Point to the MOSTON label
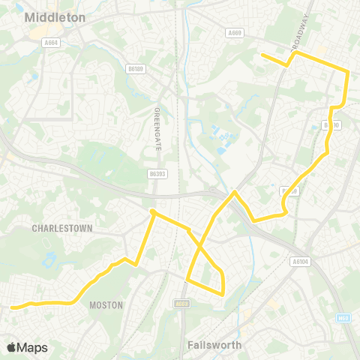[106, 305]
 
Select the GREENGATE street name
[157, 130]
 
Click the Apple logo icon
[12, 347]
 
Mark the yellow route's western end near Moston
[11, 306]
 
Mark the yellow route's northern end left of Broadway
[261, 55]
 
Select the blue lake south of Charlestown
[49, 260]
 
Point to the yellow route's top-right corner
[347, 72]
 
